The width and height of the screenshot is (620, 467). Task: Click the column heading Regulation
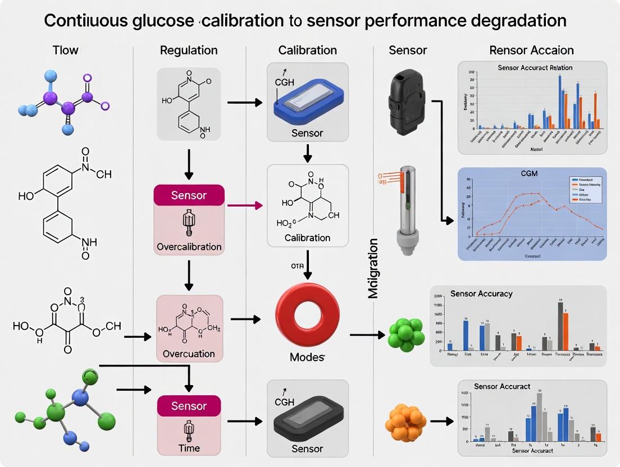[189, 50]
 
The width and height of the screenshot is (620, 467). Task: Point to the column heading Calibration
[308, 50]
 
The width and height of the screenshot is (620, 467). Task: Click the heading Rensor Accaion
[532, 50]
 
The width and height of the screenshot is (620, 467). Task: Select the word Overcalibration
[189, 246]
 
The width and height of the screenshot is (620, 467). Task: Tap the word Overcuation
[189, 354]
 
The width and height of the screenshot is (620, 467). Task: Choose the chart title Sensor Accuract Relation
[535, 67]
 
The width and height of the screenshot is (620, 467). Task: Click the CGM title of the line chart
[529, 174]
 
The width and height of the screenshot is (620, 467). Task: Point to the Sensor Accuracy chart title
[481, 294]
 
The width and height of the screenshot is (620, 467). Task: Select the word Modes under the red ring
[307, 357]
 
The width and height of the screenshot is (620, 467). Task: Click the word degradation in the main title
[509, 21]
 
